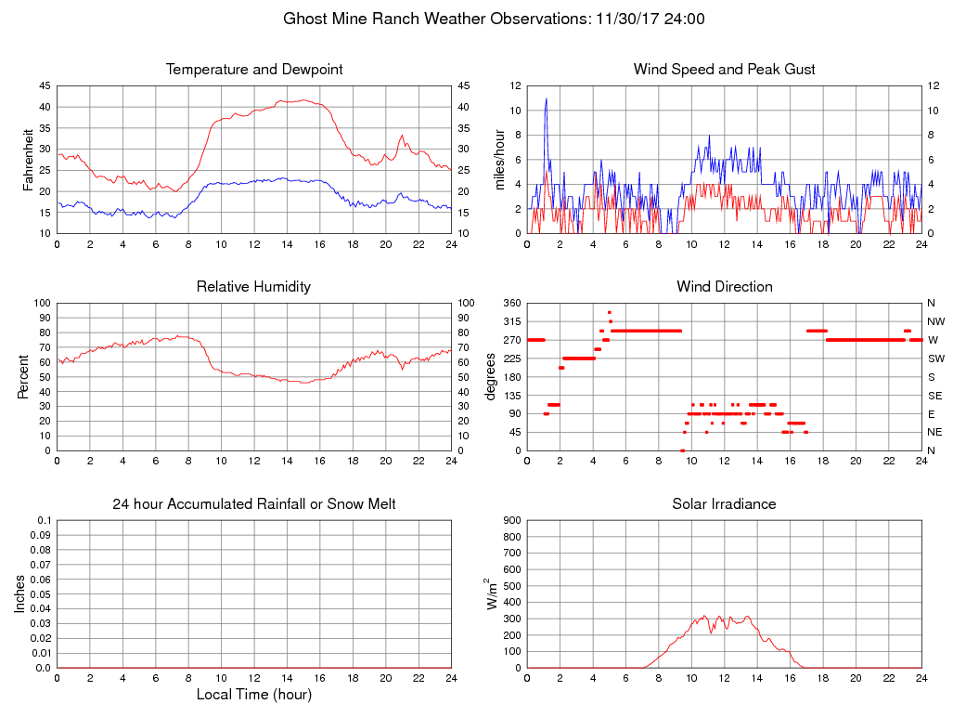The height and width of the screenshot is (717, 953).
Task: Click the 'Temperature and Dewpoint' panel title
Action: [254, 70]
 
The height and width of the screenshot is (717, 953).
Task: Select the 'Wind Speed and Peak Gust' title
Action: [725, 70]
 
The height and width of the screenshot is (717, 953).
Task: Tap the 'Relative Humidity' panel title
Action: [254, 287]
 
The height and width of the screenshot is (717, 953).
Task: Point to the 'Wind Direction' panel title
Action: [725, 287]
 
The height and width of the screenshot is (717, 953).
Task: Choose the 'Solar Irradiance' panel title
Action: [725, 504]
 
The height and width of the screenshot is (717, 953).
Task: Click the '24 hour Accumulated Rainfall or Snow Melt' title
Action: [254, 504]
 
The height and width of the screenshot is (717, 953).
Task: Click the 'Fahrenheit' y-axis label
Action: [28, 159]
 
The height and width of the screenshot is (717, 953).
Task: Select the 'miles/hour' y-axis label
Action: [498, 159]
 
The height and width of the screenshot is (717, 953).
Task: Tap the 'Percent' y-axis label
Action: [23, 376]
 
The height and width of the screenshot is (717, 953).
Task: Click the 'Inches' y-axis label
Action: [20, 593]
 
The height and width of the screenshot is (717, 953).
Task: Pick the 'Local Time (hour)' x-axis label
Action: [254, 694]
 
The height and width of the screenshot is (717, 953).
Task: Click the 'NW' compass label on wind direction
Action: [935, 321]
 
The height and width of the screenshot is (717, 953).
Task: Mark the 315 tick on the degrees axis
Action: [510, 321]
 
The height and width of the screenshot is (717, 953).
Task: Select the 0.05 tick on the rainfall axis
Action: [41, 594]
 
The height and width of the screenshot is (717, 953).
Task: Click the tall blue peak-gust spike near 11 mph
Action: [547, 99]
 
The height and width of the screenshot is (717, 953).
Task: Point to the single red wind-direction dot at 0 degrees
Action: [682, 450]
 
